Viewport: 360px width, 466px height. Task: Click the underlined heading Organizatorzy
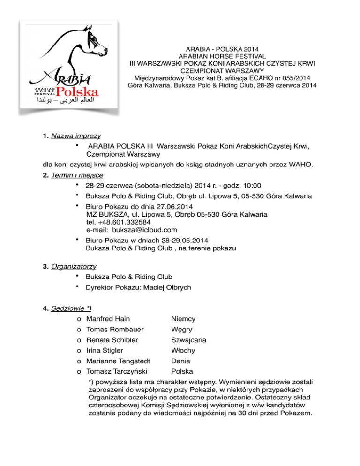tap(75, 266)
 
